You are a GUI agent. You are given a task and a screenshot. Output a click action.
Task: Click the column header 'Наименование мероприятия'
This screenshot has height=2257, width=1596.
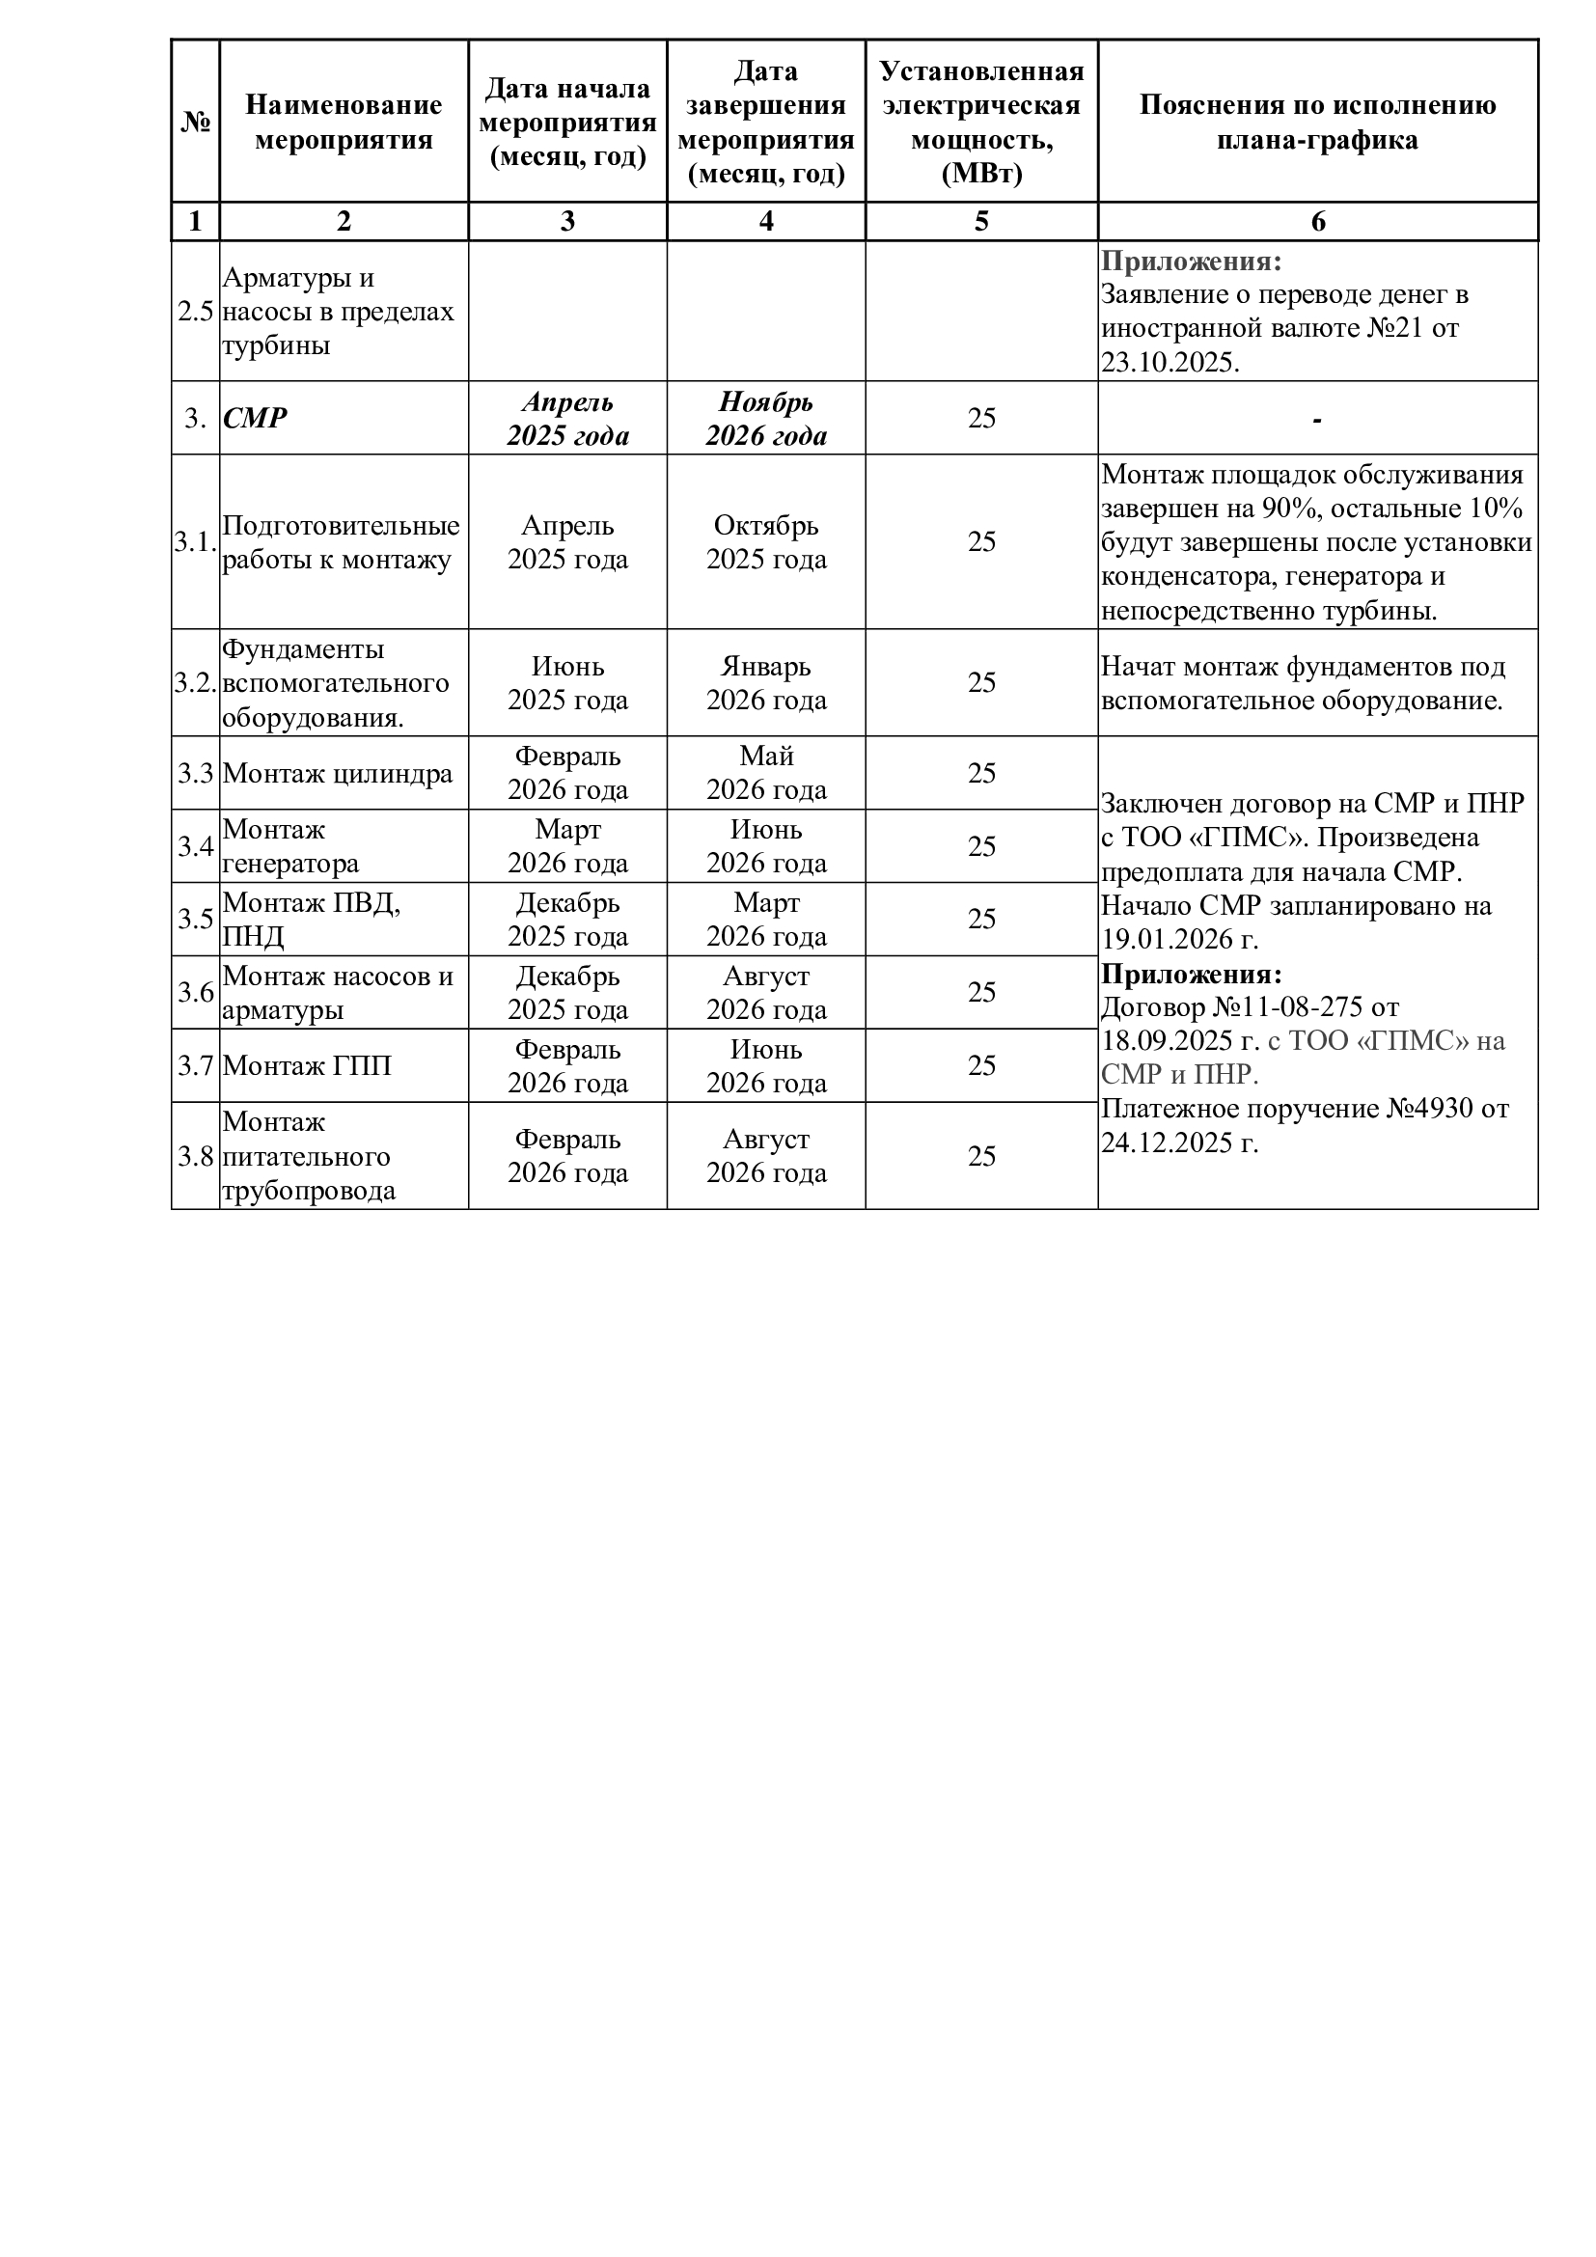(343, 122)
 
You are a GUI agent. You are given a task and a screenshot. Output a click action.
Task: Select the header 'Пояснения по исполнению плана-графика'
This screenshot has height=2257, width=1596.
(1317, 122)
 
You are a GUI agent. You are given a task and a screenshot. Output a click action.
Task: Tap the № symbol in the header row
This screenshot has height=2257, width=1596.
(196, 122)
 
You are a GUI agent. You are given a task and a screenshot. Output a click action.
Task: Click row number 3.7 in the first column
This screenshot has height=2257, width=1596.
(196, 1065)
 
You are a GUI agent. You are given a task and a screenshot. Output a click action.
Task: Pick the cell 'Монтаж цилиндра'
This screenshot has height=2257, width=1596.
(337, 774)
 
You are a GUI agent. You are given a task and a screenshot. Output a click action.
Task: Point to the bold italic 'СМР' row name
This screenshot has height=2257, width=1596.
(255, 419)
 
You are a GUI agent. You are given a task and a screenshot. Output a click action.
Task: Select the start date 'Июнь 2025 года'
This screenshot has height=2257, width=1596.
(567, 683)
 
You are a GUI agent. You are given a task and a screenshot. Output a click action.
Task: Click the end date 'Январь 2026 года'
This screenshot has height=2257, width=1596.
(765, 683)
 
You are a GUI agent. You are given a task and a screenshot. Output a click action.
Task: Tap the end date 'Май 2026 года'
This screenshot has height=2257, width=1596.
(765, 773)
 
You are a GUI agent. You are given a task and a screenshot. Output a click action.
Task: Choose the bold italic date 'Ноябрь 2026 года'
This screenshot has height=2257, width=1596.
(765, 419)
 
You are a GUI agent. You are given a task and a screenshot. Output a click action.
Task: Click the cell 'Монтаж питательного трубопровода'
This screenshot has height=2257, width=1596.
(309, 1156)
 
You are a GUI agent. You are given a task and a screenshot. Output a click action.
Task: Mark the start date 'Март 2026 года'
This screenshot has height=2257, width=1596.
(567, 846)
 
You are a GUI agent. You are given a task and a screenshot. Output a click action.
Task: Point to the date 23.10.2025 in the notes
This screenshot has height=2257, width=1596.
(1169, 363)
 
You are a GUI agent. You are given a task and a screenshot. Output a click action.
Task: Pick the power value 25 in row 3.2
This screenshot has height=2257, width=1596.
(980, 683)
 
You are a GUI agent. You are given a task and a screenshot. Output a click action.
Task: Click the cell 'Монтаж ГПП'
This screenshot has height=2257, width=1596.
(307, 1065)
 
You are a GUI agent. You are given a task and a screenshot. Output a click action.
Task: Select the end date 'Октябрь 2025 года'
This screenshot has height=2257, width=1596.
(765, 542)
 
